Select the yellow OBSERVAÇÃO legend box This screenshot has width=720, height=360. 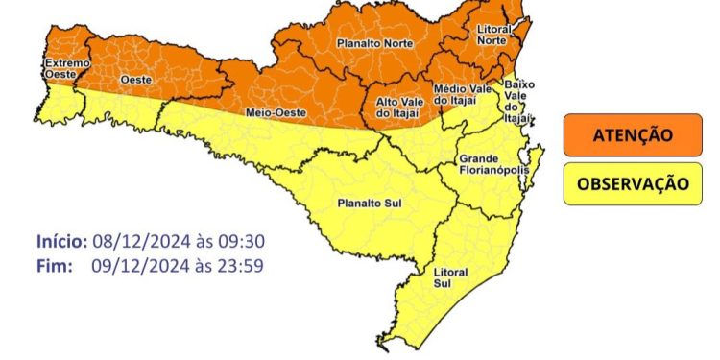632,183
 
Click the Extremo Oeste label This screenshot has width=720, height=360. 67,69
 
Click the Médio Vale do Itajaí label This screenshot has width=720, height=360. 463,94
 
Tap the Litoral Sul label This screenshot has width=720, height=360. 450,277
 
